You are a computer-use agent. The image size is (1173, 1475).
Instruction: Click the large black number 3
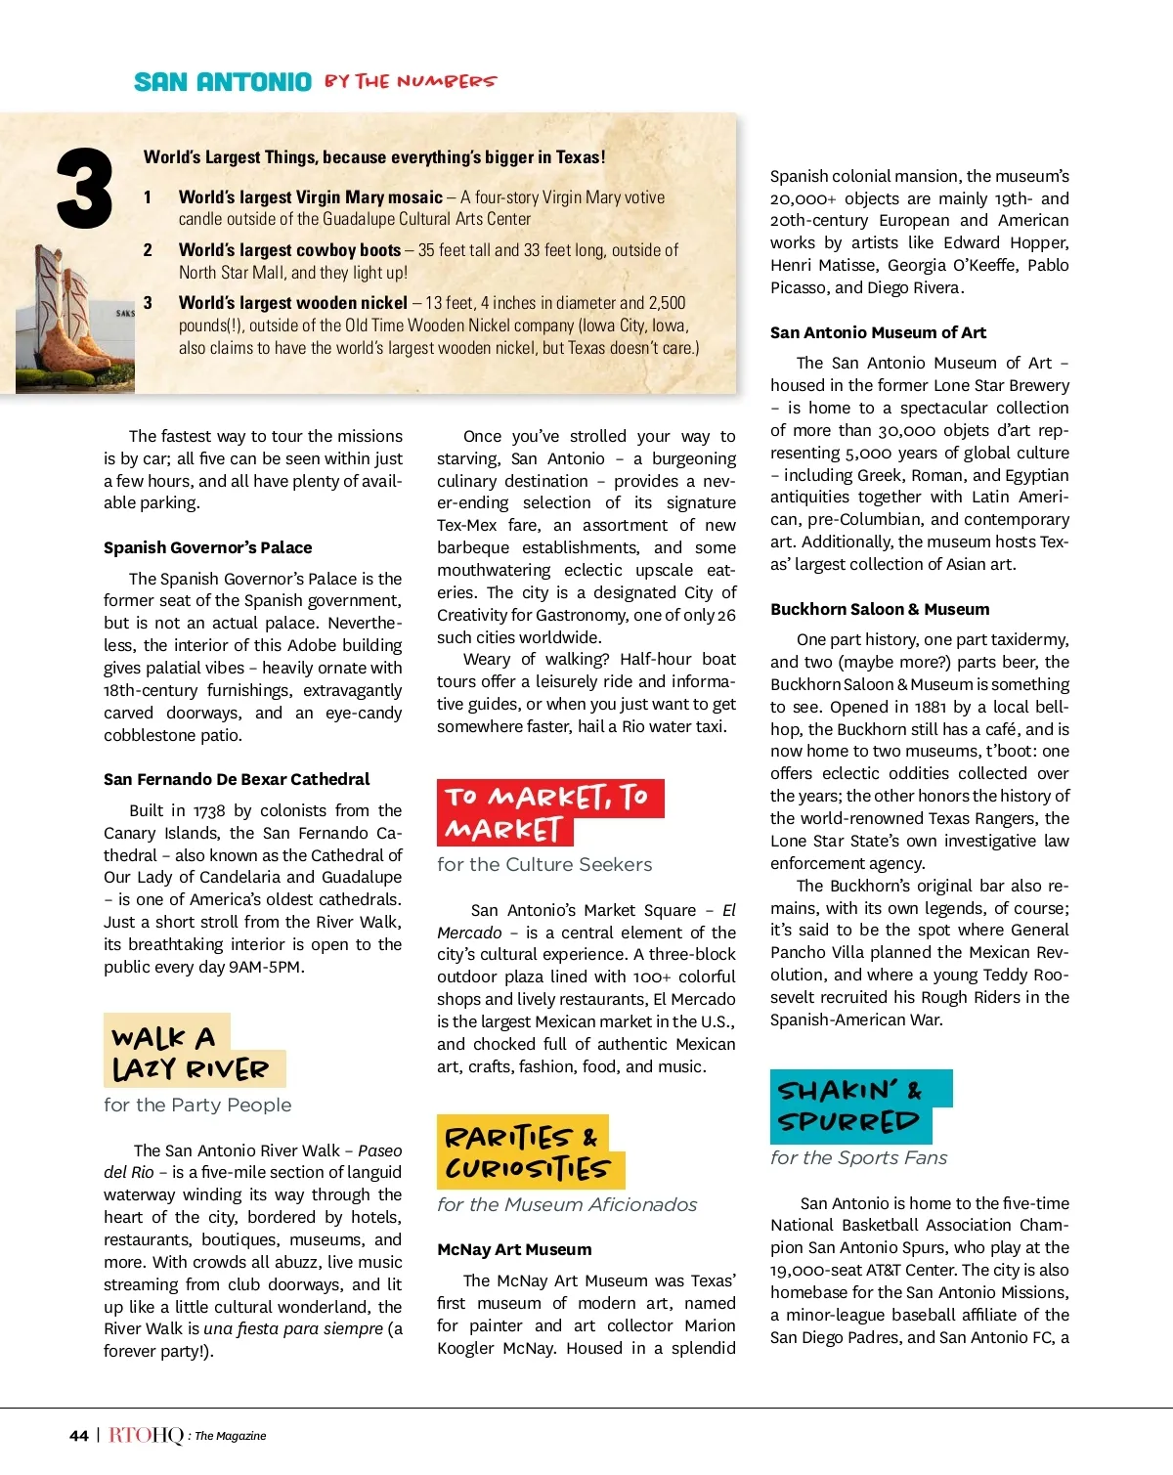pyautogui.click(x=85, y=189)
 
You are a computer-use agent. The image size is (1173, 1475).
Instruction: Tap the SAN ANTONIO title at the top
pyautogui.click(x=223, y=82)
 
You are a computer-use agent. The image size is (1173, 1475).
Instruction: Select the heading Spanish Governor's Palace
pyautogui.click(x=208, y=547)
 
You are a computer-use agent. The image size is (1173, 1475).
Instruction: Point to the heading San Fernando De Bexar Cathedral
pyautogui.click(x=237, y=779)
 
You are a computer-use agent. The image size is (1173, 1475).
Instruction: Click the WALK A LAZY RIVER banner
pyautogui.click(x=191, y=1052)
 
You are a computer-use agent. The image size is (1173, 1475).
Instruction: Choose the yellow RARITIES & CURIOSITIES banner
pyautogui.click(x=528, y=1152)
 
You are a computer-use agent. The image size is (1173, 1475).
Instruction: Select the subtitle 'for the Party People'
pyautogui.click(x=197, y=1105)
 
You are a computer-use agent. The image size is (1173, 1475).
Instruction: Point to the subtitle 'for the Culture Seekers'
pyautogui.click(x=544, y=864)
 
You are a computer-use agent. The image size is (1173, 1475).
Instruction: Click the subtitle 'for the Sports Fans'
pyautogui.click(x=858, y=1157)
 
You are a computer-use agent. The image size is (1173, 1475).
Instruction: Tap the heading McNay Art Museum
pyautogui.click(x=514, y=1249)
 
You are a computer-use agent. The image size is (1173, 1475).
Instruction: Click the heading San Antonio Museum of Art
pyautogui.click(x=878, y=332)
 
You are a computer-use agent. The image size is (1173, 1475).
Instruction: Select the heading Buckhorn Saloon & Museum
pyautogui.click(x=880, y=609)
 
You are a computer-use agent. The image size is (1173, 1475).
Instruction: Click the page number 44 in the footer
pyautogui.click(x=79, y=1436)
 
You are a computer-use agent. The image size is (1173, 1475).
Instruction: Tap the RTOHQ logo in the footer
pyautogui.click(x=146, y=1435)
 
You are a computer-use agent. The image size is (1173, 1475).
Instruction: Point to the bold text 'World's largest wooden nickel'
pyautogui.click(x=293, y=303)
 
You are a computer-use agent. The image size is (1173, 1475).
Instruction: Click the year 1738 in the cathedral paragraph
pyautogui.click(x=208, y=810)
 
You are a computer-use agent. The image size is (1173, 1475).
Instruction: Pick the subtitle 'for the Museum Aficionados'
pyautogui.click(x=567, y=1204)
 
